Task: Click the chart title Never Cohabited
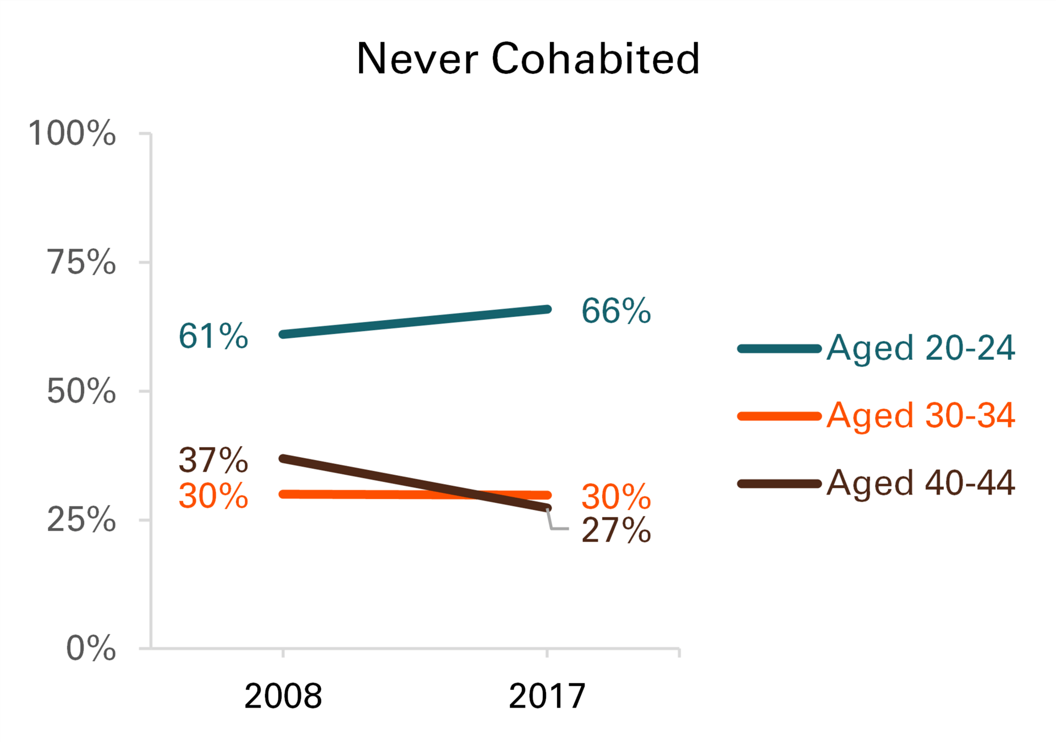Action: click(x=528, y=59)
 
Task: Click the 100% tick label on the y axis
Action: click(x=72, y=134)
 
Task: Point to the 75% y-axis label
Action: click(x=81, y=262)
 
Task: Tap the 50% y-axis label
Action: click(x=81, y=392)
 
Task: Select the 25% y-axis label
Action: click(x=81, y=520)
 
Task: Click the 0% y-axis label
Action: click(x=91, y=648)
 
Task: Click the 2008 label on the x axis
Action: click(x=283, y=696)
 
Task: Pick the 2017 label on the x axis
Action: click(x=547, y=696)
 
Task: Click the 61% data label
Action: click(x=213, y=336)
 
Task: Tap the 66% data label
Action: click(x=616, y=311)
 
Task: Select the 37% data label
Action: click(x=213, y=460)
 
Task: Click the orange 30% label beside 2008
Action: click(x=213, y=496)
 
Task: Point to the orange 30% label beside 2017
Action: click(x=616, y=497)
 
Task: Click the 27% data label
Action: click(x=616, y=531)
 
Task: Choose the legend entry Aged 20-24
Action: click(x=920, y=348)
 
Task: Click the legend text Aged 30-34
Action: click(x=920, y=415)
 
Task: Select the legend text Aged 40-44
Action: click(x=920, y=483)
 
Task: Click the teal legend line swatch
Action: click(x=779, y=349)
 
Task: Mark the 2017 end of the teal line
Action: click(x=547, y=310)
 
